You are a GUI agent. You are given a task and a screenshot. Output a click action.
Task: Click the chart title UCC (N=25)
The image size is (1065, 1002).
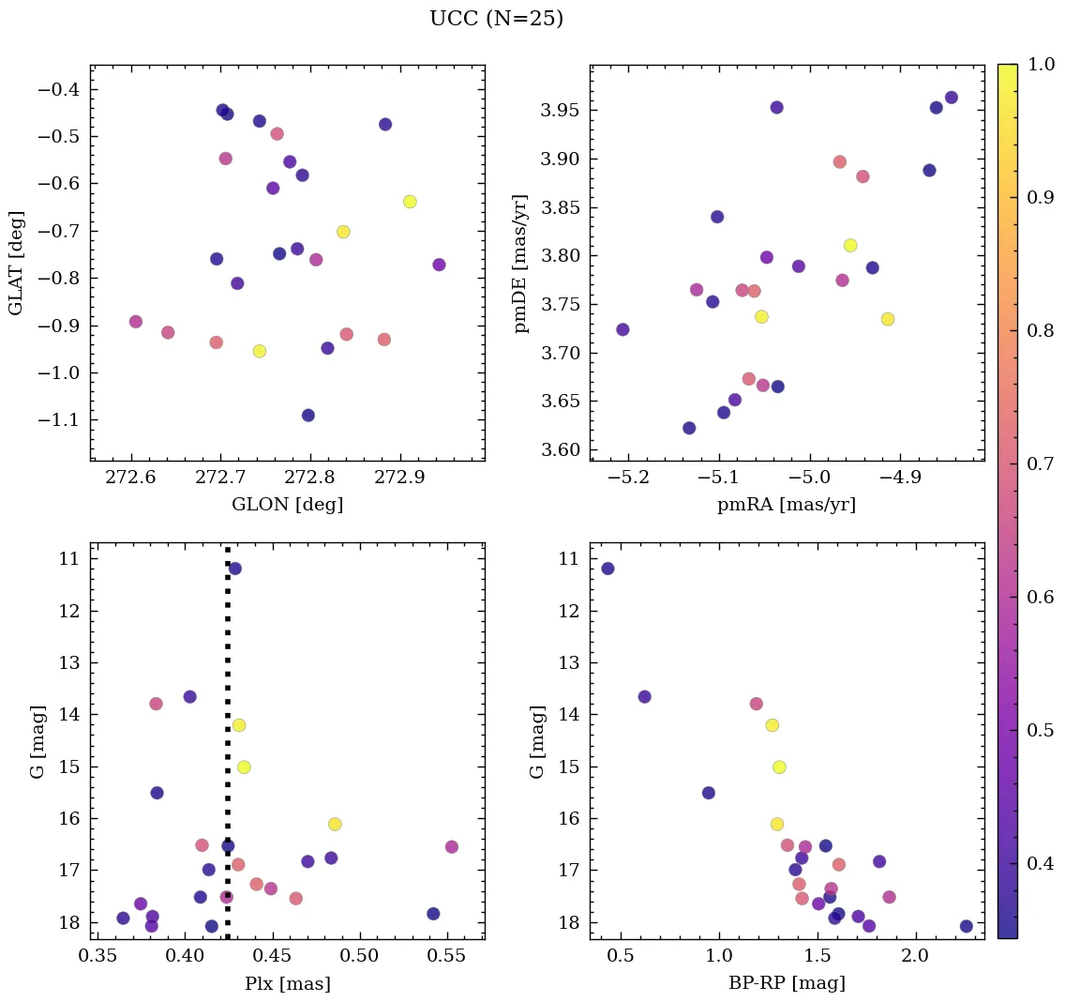[x=496, y=19]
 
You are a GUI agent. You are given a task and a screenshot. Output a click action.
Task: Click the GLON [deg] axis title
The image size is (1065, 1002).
[x=287, y=505]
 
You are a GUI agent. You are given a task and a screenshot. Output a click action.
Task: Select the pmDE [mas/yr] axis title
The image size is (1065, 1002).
[x=522, y=264]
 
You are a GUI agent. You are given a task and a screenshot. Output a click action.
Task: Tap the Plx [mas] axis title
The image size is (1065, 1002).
[x=287, y=983]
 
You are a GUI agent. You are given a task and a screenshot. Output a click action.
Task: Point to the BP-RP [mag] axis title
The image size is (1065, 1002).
[x=787, y=983]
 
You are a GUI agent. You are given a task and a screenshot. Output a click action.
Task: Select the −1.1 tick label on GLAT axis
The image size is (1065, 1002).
[x=58, y=419]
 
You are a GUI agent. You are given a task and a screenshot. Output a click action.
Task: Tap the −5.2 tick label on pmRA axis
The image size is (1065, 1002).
[x=628, y=479]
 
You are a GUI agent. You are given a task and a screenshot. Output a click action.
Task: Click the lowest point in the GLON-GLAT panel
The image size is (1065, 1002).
[x=307, y=415]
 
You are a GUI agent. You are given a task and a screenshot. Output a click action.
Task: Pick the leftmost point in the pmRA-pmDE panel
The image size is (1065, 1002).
[x=622, y=329]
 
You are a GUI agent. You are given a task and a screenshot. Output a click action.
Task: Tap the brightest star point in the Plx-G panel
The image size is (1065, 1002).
[x=234, y=569]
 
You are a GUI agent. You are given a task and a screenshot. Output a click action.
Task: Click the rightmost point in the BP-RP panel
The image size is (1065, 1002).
[x=966, y=926]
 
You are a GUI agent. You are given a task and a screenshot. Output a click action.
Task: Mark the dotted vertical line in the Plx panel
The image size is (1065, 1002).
[x=228, y=751]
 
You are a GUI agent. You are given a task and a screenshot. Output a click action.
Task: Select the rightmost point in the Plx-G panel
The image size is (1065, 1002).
[x=451, y=846]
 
